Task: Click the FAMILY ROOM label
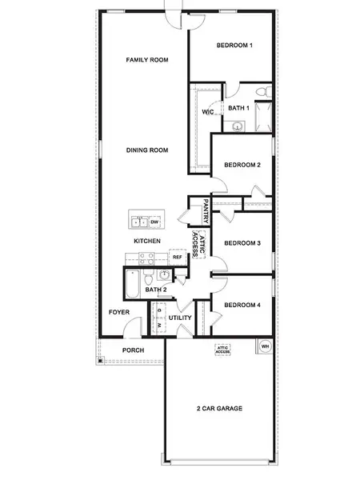(x=146, y=60)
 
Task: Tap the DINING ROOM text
(x=146, y=150)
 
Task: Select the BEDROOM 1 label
(x=234, y=46)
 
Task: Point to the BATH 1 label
(x=238, y=107)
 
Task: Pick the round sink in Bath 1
(x=238, y=126)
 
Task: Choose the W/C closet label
(x=208, y=113)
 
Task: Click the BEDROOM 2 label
(x=242, y=165)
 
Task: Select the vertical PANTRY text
(x=206, y=211)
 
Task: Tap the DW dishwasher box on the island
(x=154, y=222)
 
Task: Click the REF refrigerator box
(x=177, y=257)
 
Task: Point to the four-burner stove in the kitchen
(x=146, y=258)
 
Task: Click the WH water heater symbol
(x=264, y=346)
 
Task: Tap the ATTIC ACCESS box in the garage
(x=223, y=350)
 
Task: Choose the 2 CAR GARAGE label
(x=219, y=408)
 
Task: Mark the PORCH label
(x=133, y=350)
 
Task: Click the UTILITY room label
(x=180, y=318)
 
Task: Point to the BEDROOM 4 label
(x=242, y=305)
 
